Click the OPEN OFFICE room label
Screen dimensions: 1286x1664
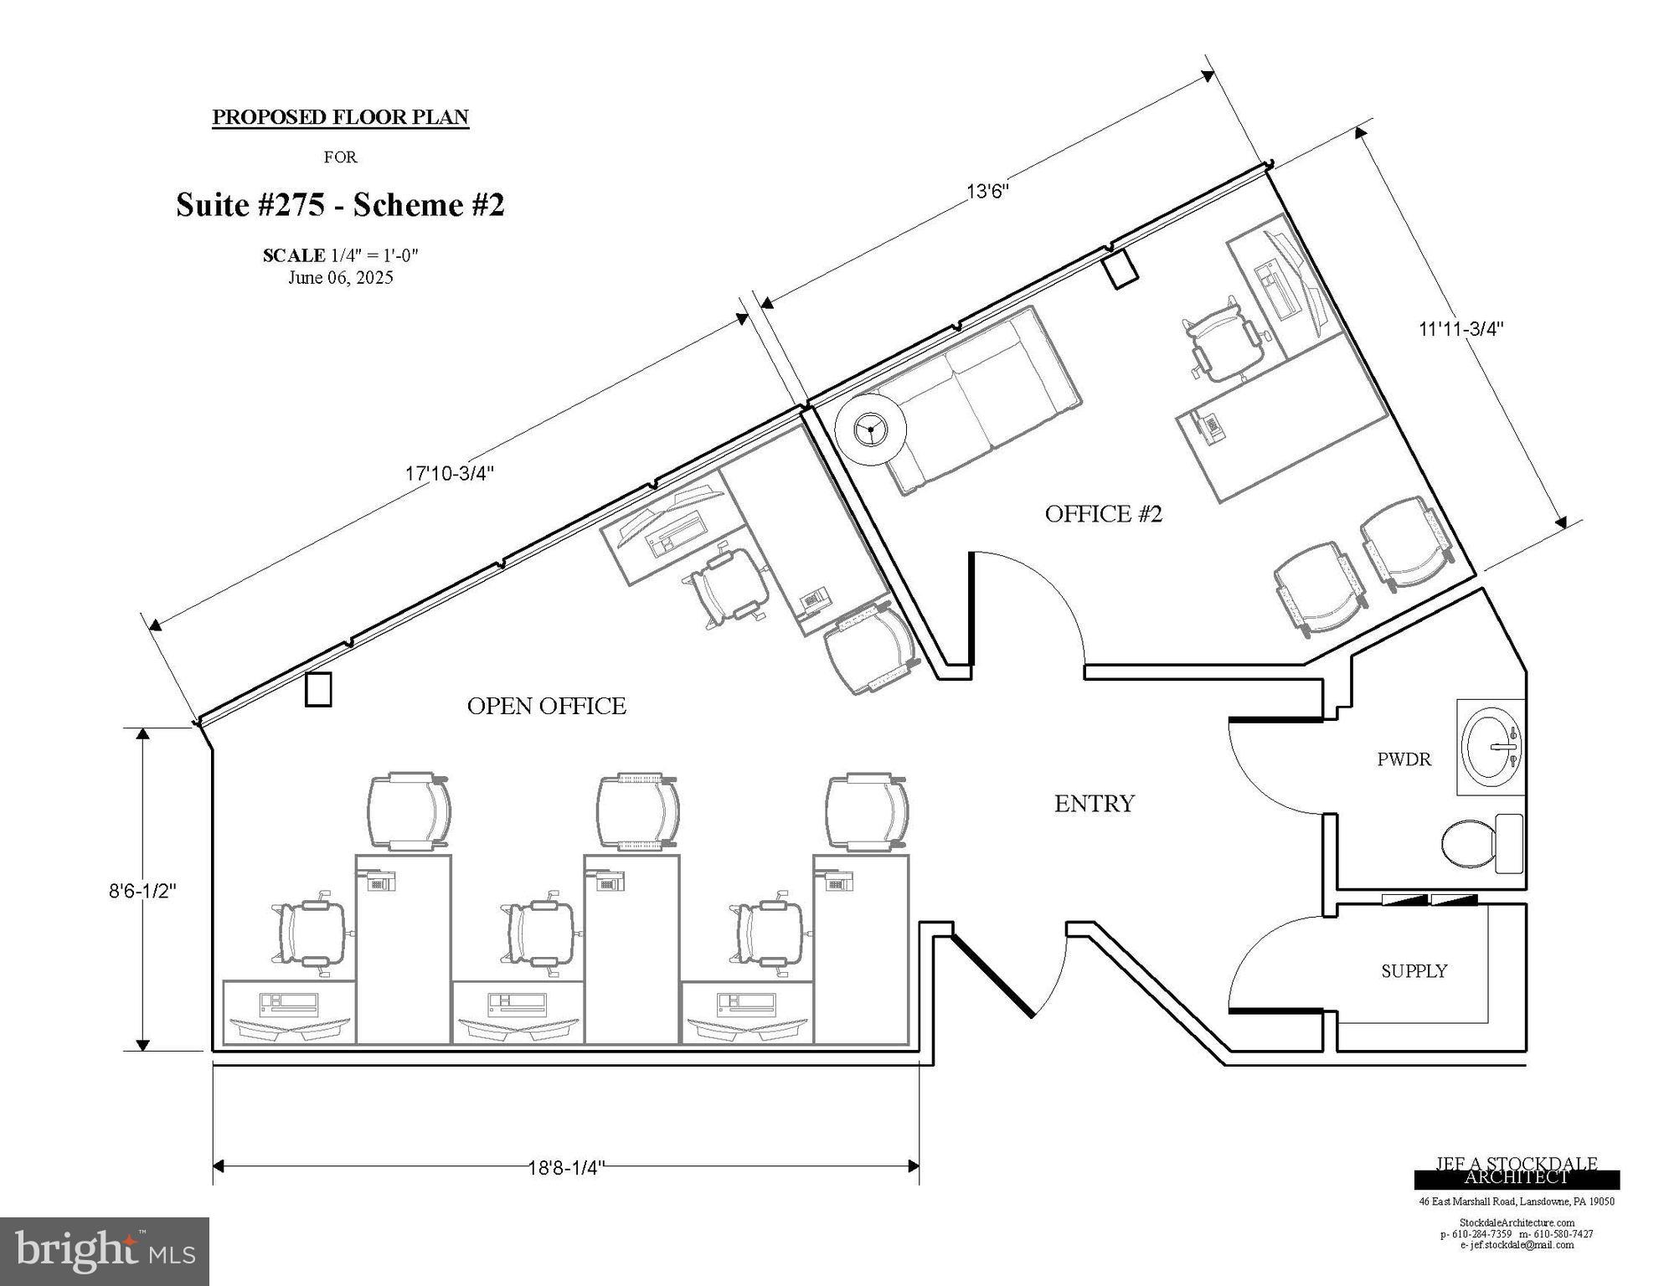coord(546,706)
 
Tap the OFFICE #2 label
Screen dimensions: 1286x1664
coord(1103,513)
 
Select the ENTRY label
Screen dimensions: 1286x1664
coord(1094,804)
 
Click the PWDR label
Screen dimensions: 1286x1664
coord(1404,759)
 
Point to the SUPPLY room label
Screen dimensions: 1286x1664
coord(1414,971)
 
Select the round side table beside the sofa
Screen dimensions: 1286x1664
coord(871,430)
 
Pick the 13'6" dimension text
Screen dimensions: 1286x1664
coord(987,191)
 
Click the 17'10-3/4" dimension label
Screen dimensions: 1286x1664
coord(450,473)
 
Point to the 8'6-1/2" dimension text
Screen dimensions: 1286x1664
coord(142,891)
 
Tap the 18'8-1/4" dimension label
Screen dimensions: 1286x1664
coord(566,1167)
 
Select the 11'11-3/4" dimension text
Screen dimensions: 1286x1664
coord(1461,329)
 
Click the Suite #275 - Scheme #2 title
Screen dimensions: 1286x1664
coord(340,205)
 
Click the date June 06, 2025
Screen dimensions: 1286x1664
coord(340,278)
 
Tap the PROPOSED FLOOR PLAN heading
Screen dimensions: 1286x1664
coord(340,117)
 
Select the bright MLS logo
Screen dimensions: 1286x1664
coord(105,1251)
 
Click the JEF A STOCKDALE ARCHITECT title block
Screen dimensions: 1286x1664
coord(1516,1171)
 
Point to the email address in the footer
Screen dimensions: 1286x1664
coord(1516,1245)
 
